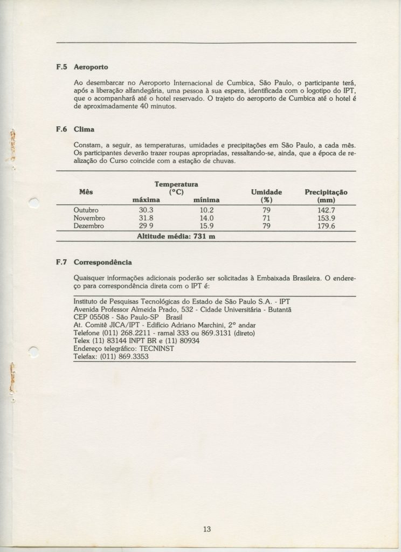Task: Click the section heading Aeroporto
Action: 91,67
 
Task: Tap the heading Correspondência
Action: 102,263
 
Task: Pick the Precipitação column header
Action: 326,192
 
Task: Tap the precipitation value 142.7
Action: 326,210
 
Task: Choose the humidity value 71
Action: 266,218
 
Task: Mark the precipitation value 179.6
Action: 326,226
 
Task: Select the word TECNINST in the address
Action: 155,349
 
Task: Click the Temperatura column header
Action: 176,184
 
